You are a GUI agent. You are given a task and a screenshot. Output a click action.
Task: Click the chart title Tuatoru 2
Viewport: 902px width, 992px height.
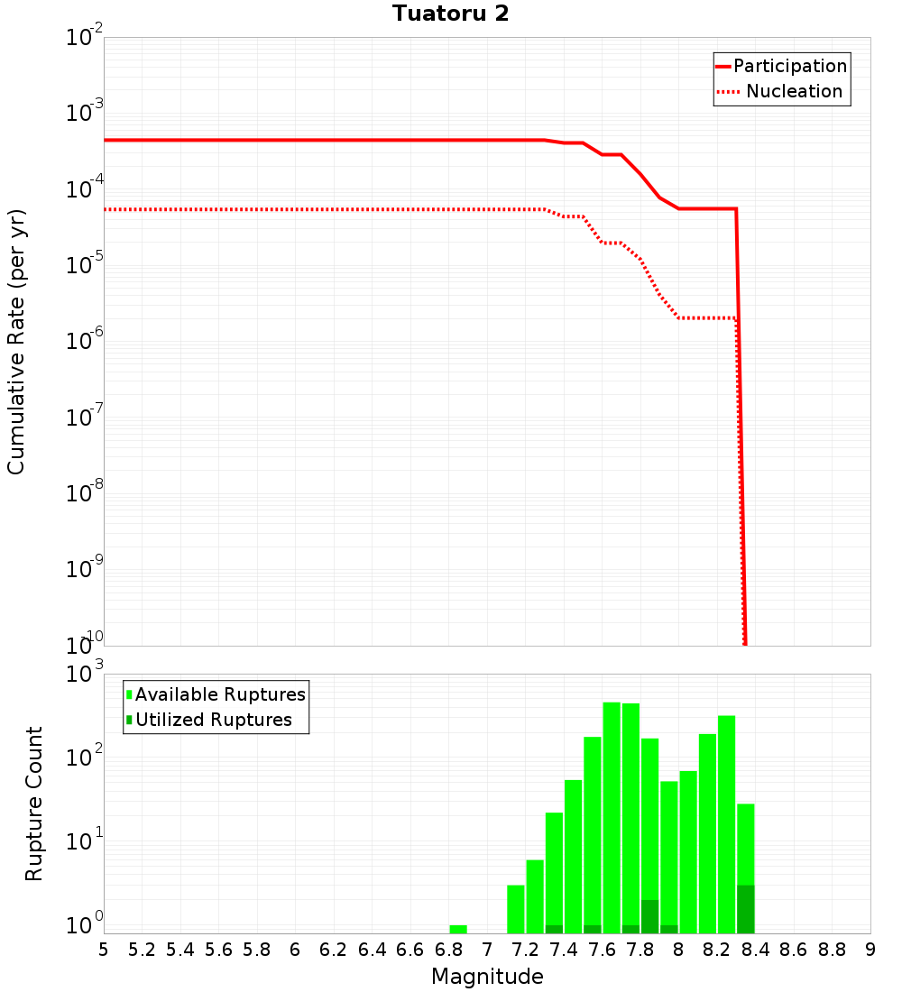(450, 14)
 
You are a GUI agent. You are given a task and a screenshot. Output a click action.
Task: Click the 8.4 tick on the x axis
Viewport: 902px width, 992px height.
(756, 950)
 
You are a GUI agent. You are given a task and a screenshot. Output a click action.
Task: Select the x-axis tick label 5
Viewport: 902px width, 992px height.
(104, 950)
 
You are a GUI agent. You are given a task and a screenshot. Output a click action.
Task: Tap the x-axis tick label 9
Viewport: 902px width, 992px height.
(870, 950)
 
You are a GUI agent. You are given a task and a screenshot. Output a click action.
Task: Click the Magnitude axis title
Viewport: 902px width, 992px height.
(487, 977)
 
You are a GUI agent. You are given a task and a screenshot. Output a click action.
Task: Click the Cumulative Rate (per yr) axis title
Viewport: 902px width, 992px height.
(16, 341)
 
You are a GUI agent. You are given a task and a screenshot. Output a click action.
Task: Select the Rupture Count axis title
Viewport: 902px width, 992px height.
(34, 804)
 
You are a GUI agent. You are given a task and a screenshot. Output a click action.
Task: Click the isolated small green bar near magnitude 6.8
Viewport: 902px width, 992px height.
(458, 929)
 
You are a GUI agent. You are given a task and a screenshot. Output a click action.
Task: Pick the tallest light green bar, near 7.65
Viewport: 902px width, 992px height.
(612, 817)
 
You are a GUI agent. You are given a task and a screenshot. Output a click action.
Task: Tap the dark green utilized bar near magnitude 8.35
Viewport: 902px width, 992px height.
(746, 909)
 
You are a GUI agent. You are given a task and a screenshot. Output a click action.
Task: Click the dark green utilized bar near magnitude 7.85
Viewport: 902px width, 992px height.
(649, 916)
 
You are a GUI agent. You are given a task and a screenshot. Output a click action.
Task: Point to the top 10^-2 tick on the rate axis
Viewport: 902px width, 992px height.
(85, 39)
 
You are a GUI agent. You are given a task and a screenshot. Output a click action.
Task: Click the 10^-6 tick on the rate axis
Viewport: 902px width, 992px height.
(85, 342)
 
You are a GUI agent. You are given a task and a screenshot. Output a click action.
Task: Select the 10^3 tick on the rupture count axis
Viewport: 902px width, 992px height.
(85, 675)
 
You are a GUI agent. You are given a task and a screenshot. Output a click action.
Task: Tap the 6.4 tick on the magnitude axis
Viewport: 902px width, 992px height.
(372, 950)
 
